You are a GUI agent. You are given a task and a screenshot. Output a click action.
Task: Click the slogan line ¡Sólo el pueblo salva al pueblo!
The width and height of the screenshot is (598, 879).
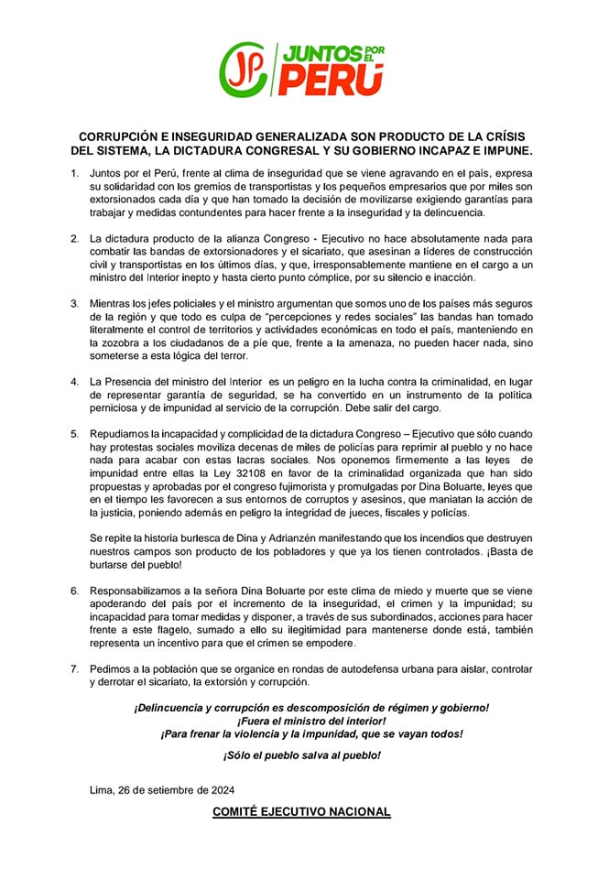[x=301, y=754]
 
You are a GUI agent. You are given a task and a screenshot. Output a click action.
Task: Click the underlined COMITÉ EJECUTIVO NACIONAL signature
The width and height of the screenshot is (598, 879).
[x=301, y=811]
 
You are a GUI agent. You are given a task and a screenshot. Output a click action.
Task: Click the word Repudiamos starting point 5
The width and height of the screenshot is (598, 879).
[x=125, y=429]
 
